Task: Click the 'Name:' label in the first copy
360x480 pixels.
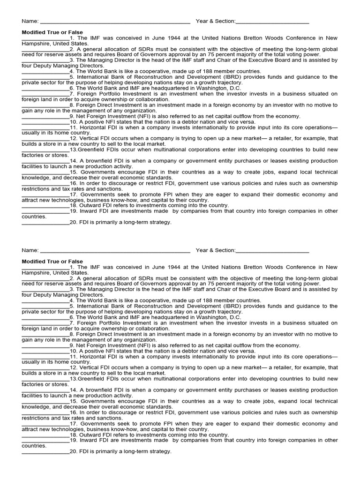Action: point(30,21)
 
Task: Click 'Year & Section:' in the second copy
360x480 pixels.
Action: point(216,250)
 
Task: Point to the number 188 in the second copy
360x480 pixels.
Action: point(205,300)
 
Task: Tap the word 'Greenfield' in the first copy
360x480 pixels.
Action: point(91,150)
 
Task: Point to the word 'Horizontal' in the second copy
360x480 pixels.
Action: point(93,356)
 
